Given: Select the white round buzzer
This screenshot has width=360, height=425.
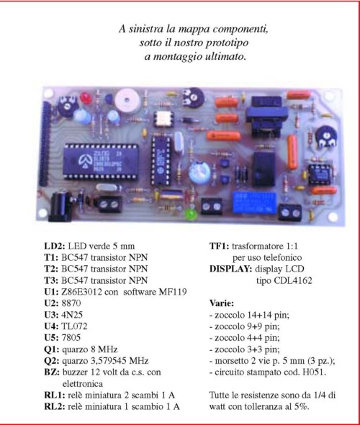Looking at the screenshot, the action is tap(127, 100).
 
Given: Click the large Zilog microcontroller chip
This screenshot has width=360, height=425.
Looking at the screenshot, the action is tap(101, 161).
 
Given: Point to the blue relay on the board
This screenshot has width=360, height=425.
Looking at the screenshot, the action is tap(254, 202).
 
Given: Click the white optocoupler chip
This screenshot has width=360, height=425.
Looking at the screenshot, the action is tap(163, 120).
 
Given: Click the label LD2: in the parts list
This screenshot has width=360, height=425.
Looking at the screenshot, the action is tap(55, 246).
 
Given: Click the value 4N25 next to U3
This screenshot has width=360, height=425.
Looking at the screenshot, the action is tap(72, 314).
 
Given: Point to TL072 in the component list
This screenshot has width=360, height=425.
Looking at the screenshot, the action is tap(74, 326).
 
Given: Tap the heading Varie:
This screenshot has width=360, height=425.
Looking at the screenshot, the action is tap(222, 303).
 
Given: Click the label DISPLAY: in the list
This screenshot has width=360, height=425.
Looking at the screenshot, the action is tap(231, 269).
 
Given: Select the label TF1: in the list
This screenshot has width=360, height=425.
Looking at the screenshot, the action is tap(219, 246).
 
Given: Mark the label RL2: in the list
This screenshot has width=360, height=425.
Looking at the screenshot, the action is tap(55, 406).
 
